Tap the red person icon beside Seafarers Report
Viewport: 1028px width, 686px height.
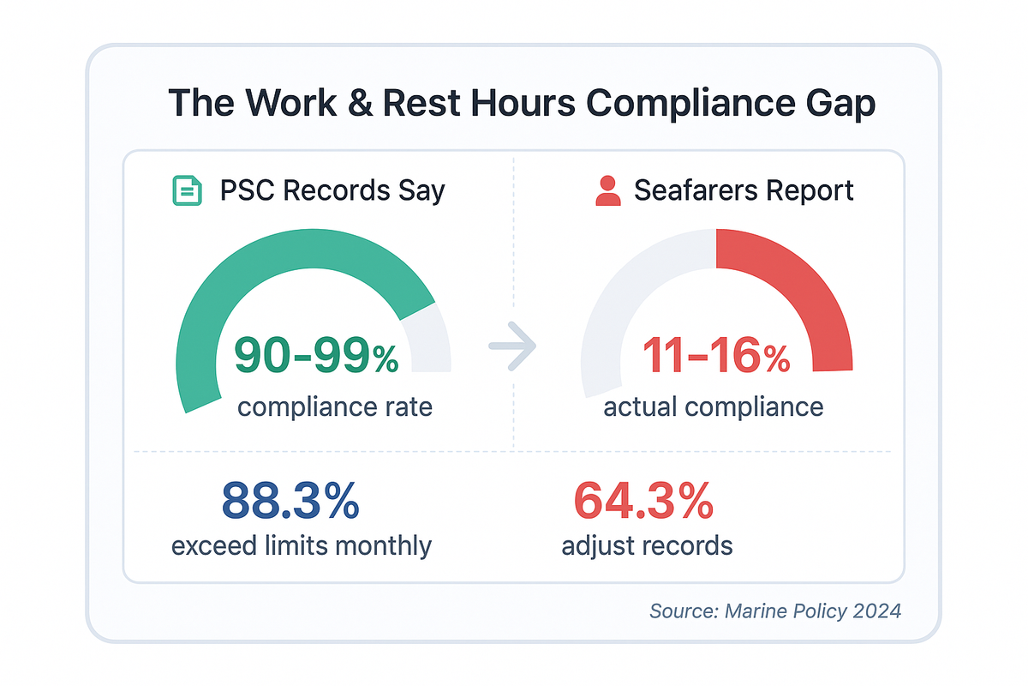click(607, 190)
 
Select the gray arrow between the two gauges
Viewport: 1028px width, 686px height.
click(511, 346)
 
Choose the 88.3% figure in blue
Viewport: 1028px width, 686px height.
click(290, 501)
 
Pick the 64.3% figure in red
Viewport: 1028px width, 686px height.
click(643, 501)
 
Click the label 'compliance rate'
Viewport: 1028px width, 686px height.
click(335, 406)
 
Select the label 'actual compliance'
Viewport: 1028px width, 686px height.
click(714, 406)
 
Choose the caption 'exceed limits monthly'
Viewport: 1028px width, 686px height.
click(302, 545)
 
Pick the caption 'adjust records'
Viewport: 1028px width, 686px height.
click(647, 545)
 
